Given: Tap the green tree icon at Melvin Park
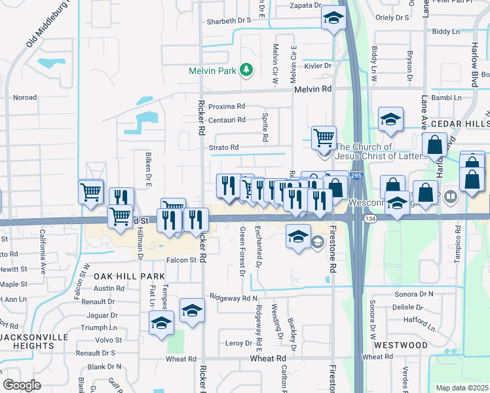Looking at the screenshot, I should (x=246, y=69).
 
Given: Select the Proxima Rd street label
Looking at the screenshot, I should (x=226, y=106).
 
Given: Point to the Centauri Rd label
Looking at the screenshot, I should (x=226, y=120).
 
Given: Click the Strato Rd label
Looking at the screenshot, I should (x=223, y=147).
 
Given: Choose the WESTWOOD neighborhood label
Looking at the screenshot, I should (x=400, y=345).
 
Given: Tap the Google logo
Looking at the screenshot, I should (x=22, y=384).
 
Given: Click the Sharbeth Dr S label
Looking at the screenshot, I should (x=229, y=20).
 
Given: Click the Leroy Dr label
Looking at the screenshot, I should (x=238, y=343).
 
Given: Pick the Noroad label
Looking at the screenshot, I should (x=25, y=98).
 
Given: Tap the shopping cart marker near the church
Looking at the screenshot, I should (x=324, y=139).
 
